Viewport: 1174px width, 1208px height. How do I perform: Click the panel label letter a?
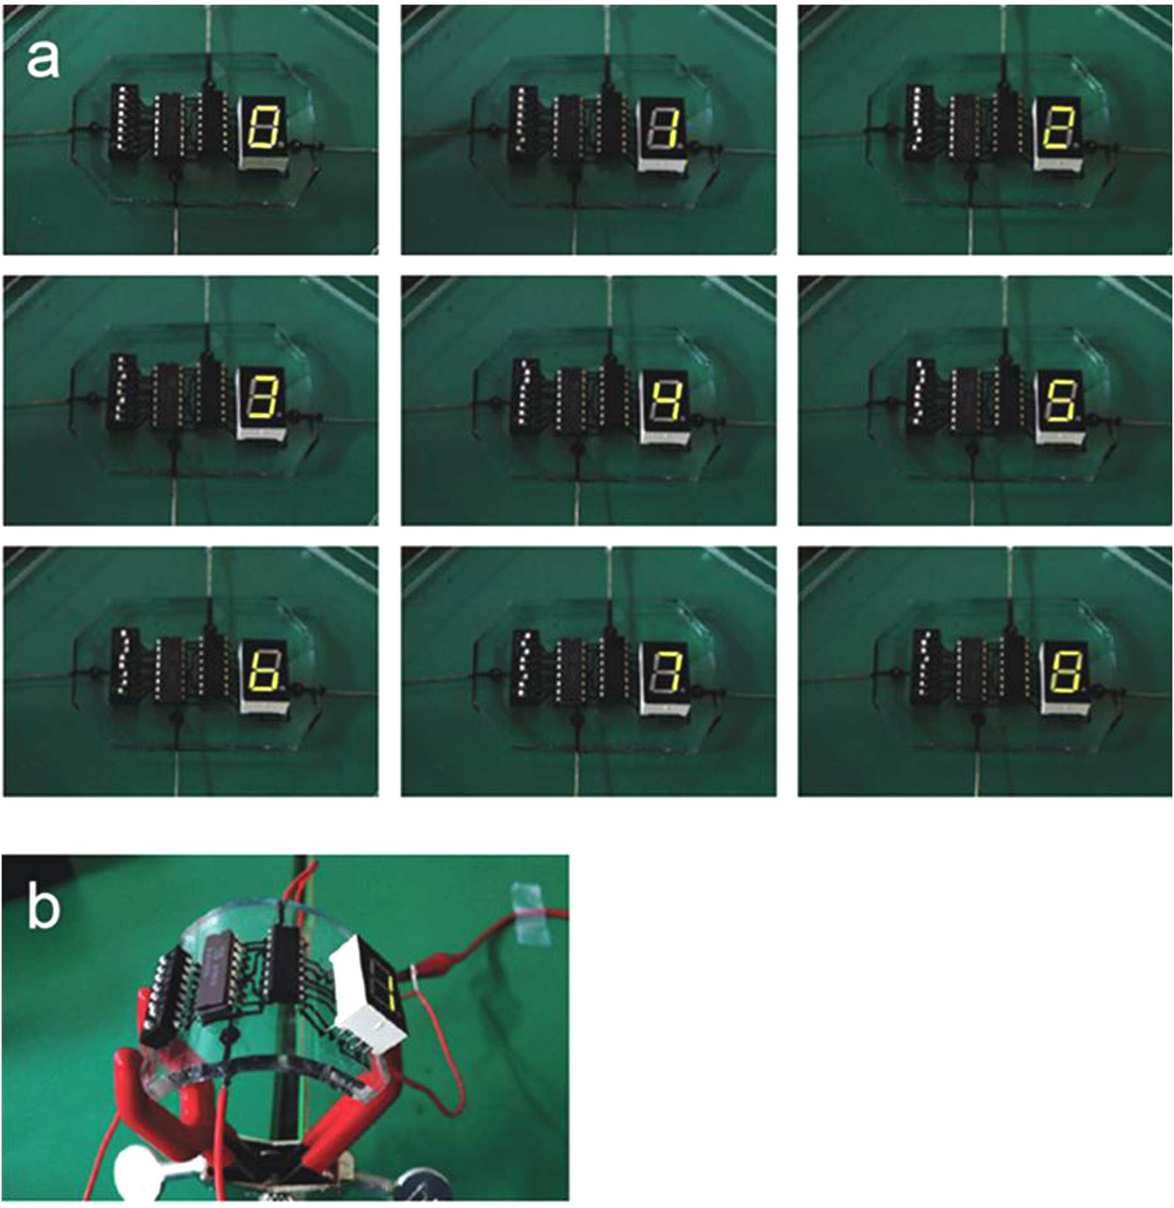pos(43,62)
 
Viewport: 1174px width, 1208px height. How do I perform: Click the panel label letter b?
pos(43,905)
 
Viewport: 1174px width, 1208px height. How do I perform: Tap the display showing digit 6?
pos(263,670)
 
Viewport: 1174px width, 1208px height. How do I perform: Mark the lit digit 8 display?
pos(1063,671)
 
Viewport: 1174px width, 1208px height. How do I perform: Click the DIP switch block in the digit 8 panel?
pos(925,666)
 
